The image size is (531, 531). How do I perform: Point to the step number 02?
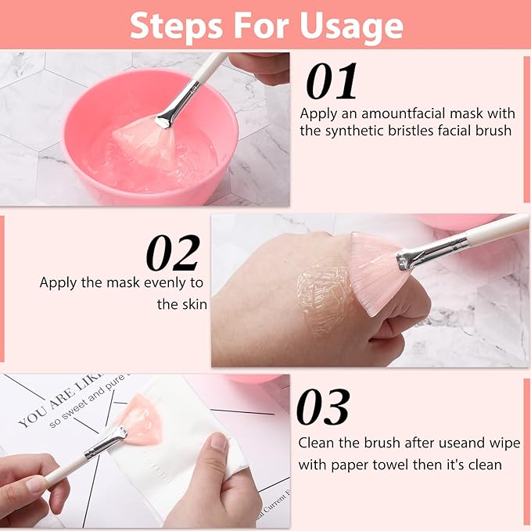173,253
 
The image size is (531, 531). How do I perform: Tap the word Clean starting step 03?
316,443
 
